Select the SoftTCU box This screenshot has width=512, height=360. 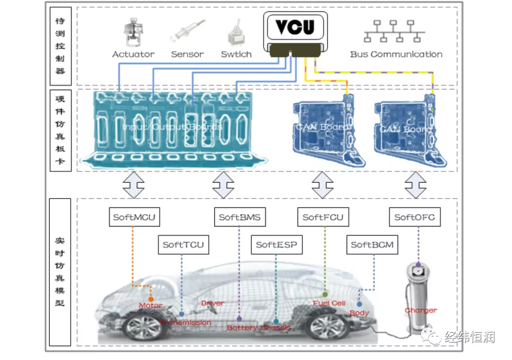click(x=183, y=245)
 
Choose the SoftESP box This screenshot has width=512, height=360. click(x=276, y=245)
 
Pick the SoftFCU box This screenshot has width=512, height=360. click(x=322, y=218)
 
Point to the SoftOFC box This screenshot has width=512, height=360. click(x=414, y=218)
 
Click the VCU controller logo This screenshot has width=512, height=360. click(x=295, y=27)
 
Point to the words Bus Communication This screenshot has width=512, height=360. click(x=396, y=54)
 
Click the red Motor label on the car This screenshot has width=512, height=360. click(x=150, y=305)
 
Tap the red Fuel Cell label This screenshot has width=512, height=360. click(x=329, y=303)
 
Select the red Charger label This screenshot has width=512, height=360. click(x=421, y=310)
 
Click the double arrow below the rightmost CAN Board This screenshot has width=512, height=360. click(x=415, y=185)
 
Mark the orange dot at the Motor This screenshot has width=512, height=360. click(x=151, y=299)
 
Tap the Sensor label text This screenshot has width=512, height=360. click(x=187, y=54)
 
